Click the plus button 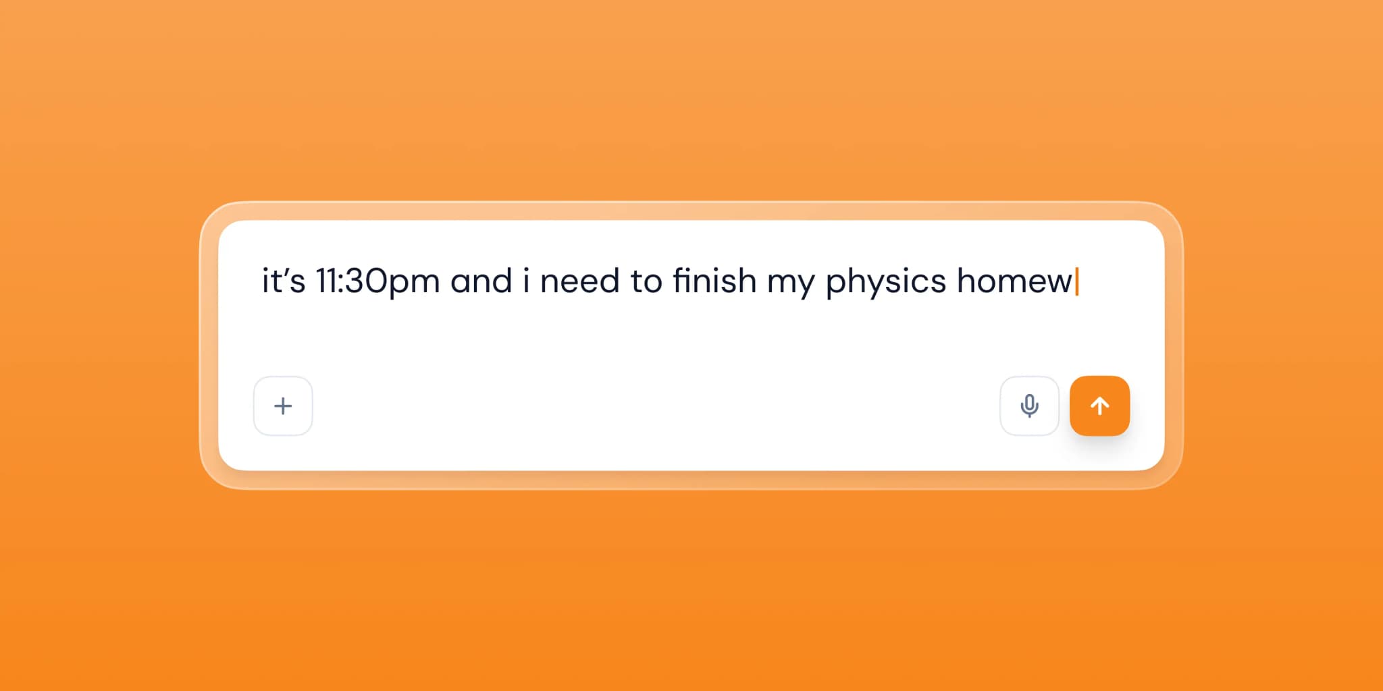[x=283, y=406]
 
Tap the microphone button [x=1029, y=406]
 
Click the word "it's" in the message [x=284, y=281]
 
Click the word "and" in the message [x=481, y=281]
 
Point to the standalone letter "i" [x=526, y=281]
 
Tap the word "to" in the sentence [x=646, y=281]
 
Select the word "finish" [x=714, y=281]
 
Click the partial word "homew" [x=1014, y=281]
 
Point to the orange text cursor [x=1077, y=281]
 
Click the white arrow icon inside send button [x=1099, y=406]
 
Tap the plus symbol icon [x=283, y=406]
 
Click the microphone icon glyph [x=1029, y=406]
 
